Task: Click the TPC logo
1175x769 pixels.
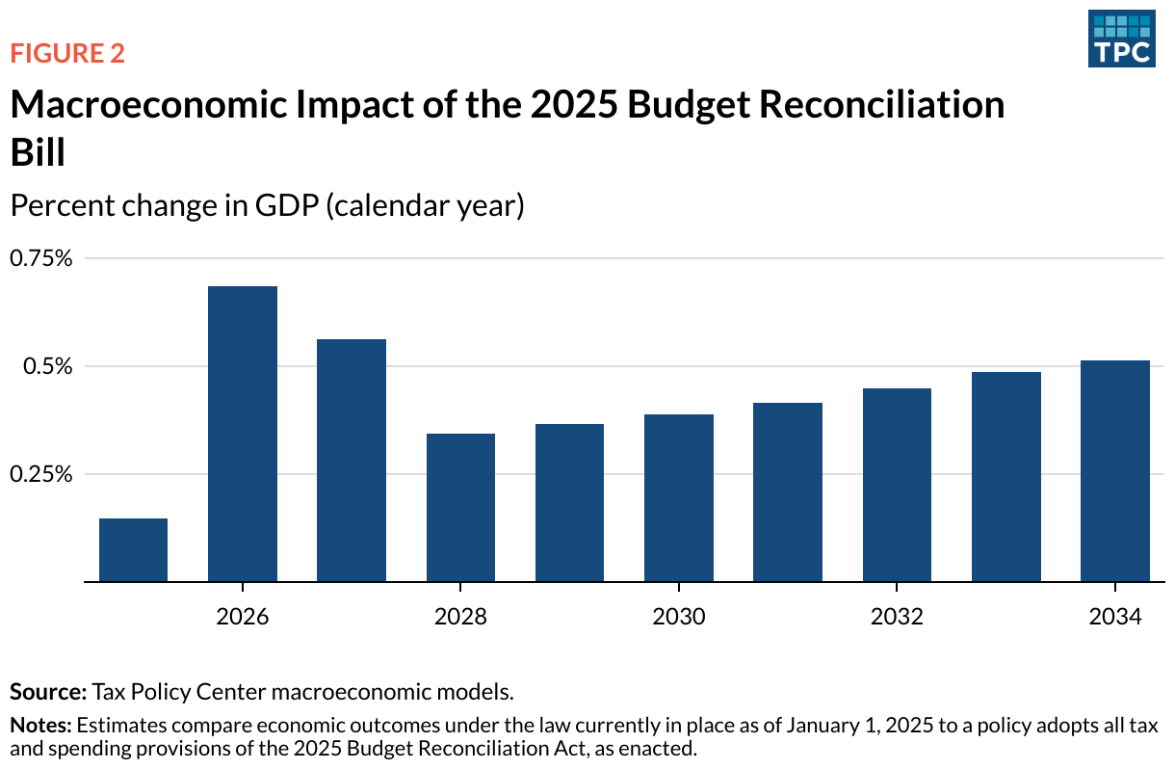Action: [x=1121, y=39]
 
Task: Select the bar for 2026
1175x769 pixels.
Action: [x=243, y=434]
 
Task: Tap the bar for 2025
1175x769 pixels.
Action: [x=133, y=550]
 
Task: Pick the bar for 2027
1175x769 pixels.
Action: [x=352, y=461]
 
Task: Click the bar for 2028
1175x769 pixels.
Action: [x=460, y=508]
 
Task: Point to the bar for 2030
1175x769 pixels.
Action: [x=679, y=498]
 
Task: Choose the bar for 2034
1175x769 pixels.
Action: [x=1114, y=471]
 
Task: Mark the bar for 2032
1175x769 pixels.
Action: [x=897, y=485]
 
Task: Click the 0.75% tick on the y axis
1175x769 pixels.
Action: [x=41, y=258]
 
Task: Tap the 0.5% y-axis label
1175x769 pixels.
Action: [x=48, y=366]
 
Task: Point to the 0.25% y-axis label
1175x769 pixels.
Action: [x=41, y=474]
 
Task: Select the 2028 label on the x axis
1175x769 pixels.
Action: [x=460, y=616]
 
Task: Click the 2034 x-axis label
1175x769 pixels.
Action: [x=1114, y=616]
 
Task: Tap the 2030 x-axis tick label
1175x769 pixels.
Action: [x=679, y=616]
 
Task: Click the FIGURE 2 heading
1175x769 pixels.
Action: [x=67, y=54]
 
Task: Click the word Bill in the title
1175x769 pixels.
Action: [x=38, y=153]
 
